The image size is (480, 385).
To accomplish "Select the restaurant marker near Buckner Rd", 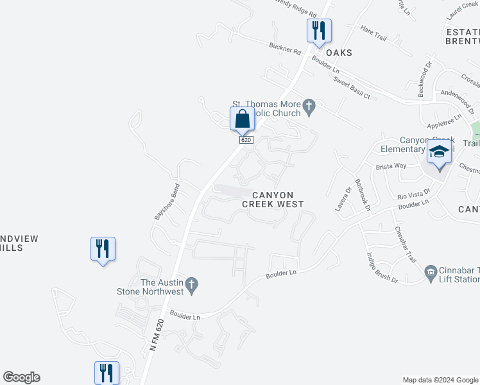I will [x=318, y=30].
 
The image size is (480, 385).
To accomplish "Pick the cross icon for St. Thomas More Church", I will [x=309, y=107].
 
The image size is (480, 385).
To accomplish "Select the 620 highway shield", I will [x=245, y=139].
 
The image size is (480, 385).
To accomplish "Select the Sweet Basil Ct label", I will [x=352, y=87].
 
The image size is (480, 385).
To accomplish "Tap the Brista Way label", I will [x=391, y=166].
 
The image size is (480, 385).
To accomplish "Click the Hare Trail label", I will [x=373, y=34].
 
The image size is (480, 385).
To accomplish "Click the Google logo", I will [x=21, y=377].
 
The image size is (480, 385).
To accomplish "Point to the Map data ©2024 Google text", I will [x=440, y=380].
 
